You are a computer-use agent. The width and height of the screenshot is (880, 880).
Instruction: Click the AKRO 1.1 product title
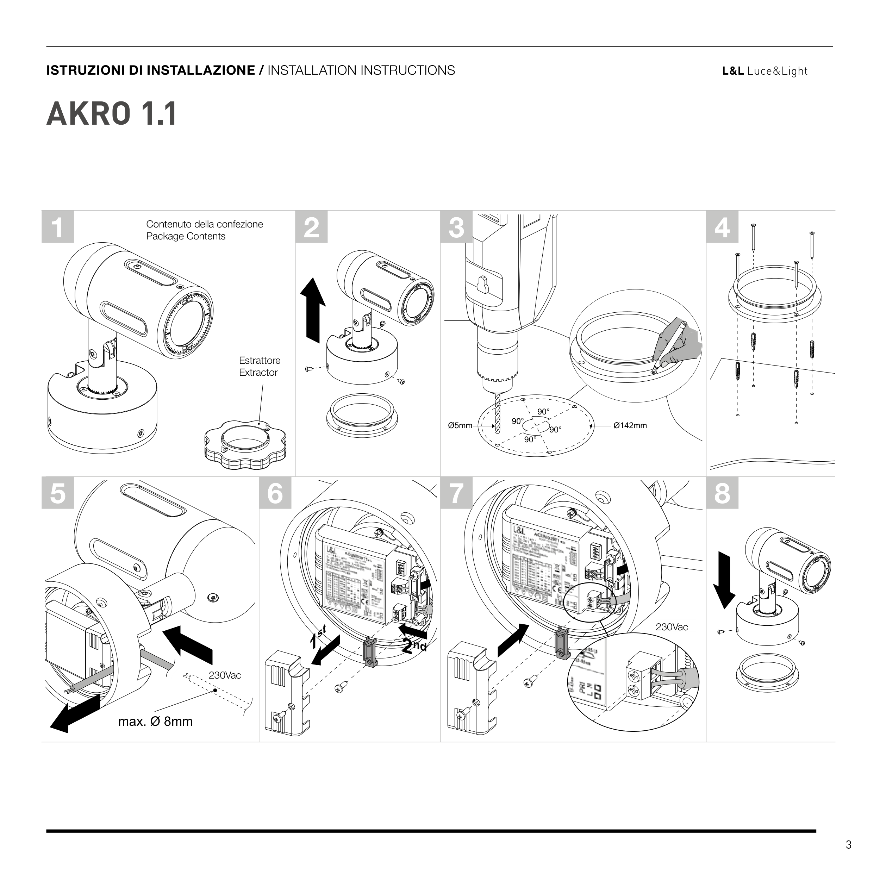tap(112, 114)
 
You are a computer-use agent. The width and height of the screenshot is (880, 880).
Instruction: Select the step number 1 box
tap(58, 227)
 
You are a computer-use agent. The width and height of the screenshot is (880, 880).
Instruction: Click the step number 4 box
tap(722, 227)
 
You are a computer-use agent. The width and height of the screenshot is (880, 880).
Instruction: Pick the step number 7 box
tap(456, 493)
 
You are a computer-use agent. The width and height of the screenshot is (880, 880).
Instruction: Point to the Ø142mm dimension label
tap(630, 426)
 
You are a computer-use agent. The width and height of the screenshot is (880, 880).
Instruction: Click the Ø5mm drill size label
tap(460, 426)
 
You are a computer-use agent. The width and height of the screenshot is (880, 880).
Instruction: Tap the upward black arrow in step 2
tap(313, 310)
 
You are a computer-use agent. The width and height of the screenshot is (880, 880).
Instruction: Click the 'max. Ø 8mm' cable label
tap(155, 722)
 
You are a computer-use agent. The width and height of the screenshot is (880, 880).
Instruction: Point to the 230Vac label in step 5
tap(225, 675)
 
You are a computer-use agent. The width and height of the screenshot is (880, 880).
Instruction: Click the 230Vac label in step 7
tap(672, 627)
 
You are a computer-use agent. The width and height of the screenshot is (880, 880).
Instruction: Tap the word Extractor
tap(258, 373)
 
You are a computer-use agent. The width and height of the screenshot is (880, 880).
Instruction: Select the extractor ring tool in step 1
tap(245, 444)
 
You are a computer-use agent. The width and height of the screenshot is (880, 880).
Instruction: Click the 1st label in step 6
tap(318, 638)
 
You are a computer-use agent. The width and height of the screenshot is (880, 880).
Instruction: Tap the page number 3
tap(848, 845)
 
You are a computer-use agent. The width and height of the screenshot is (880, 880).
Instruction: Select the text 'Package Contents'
tap(186, 236)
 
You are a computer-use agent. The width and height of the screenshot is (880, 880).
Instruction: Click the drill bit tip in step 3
tap(497, 430)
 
